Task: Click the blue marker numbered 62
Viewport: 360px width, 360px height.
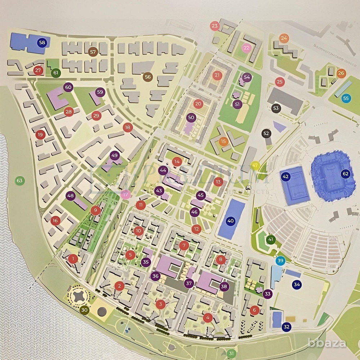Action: pos(346,174)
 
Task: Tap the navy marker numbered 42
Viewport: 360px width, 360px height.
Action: pos(286,176)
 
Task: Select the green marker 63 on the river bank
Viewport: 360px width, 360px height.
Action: pos(19,180)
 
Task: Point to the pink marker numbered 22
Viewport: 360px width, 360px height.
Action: pos(246,47)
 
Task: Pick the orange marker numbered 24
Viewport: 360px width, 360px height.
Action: pos(284,38)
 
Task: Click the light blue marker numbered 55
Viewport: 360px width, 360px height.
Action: pos(346,98)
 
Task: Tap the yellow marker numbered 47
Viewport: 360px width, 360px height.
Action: pos(256,166)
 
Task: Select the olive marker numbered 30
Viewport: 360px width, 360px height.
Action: pos(85,310)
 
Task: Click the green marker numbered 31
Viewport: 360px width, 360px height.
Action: pos(231,353)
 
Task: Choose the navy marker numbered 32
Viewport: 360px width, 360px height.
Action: pos(287,327)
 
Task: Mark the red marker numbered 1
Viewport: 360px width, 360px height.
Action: pos(73,258)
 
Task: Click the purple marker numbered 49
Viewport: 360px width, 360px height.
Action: pos(114,156)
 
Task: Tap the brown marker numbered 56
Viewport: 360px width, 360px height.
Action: pos(147,76)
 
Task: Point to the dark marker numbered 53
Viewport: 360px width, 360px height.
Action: pos(276,108)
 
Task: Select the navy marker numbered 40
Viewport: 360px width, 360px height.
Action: pos(231,221)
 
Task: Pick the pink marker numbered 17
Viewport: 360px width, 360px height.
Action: pos(125,195)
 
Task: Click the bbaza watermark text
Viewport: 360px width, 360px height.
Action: pos(327,343)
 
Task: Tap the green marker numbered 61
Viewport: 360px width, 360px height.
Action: pos(56,73)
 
